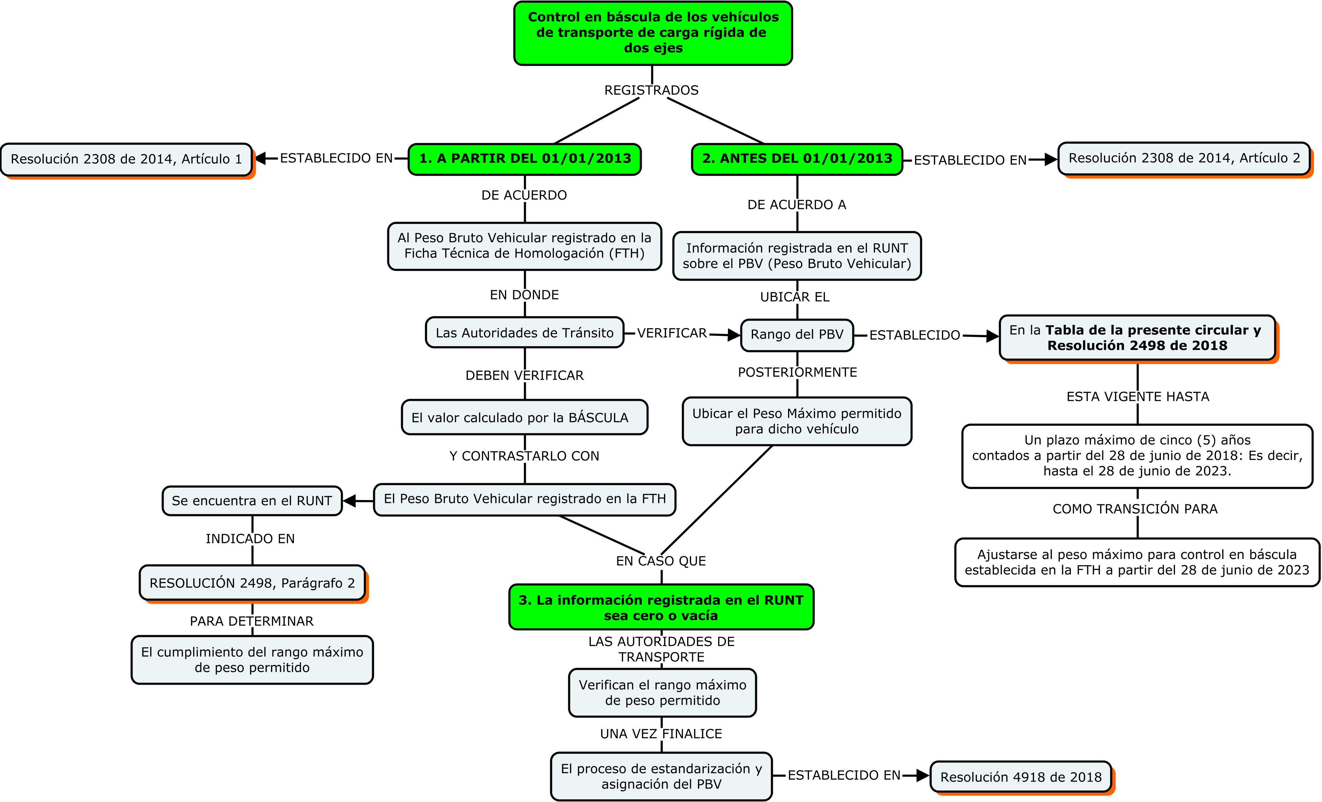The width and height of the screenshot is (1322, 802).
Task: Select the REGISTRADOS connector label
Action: coord(651,90)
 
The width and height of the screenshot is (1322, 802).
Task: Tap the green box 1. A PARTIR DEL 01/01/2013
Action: coord(525,159)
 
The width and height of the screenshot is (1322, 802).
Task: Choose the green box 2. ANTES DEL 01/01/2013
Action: coord(797,159)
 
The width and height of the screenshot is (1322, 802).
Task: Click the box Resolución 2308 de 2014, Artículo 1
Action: coord(126,159)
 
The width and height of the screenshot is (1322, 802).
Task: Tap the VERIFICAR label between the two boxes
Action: coord(672,333)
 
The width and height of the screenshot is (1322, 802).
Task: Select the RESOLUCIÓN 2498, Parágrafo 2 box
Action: coord(252,583)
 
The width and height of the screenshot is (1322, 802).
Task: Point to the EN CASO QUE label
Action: coord(660,561)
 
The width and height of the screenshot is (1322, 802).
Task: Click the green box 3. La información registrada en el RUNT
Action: coord(661,607)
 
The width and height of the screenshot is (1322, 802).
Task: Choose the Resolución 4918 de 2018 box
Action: coord(1021,777)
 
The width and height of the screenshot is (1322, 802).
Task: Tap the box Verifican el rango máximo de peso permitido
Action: coord(662,692)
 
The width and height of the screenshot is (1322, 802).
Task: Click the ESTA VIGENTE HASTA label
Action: coord(1138,397)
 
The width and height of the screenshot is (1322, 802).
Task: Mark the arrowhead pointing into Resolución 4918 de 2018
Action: coord(923,775)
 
